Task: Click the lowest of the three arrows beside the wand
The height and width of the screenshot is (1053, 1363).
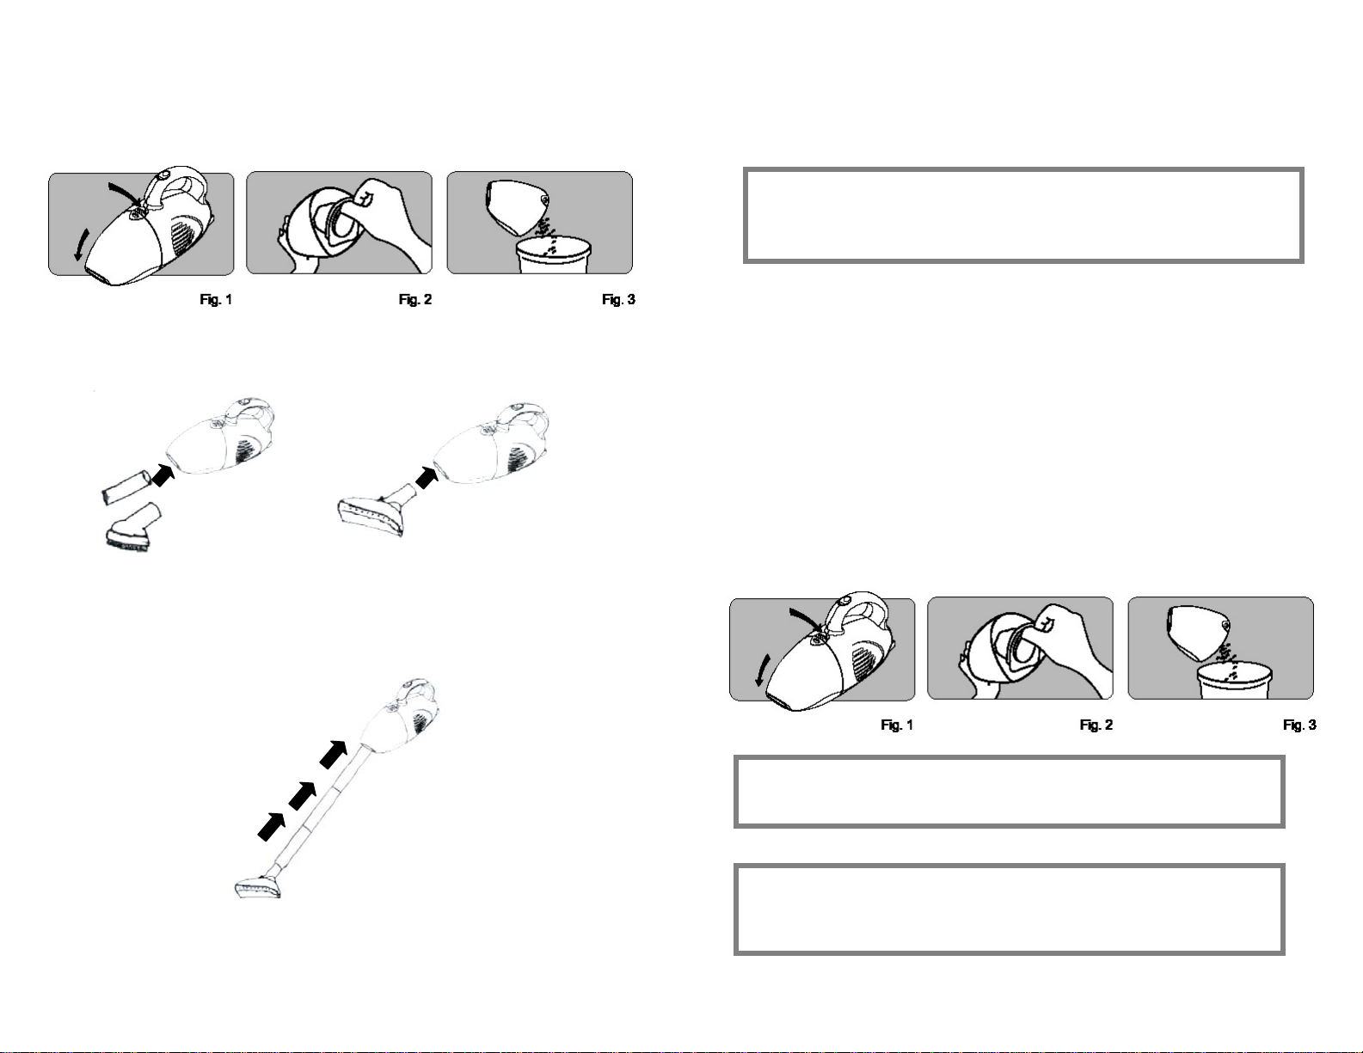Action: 271,827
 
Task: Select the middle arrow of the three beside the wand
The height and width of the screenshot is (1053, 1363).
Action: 303,796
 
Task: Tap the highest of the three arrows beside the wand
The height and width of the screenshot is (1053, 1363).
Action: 334,755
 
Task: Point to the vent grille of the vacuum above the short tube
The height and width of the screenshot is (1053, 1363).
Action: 247,450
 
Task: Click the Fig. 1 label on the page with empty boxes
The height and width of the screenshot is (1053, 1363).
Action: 897,725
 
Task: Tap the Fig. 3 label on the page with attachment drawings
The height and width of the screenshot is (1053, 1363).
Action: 618,300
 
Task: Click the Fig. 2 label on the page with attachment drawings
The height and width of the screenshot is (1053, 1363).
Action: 415,300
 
